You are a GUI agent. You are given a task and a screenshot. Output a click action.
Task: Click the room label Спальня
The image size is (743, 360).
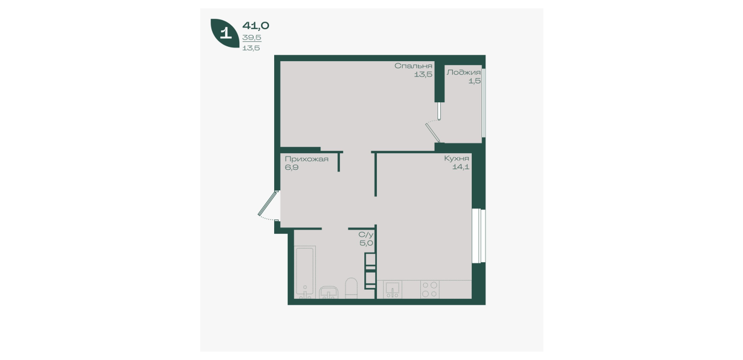point(413,66)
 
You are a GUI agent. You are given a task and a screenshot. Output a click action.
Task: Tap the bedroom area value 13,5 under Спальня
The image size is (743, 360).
point(423,74)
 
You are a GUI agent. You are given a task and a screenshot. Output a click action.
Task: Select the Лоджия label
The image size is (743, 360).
point(463,73)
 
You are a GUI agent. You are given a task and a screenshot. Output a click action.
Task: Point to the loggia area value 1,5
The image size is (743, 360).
point(475,81)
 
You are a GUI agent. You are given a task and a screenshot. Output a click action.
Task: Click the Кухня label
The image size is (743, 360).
point(457,158)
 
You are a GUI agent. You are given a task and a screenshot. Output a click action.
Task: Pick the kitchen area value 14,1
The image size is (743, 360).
point(461,167)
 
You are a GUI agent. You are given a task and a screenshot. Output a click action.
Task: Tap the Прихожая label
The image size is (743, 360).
point(307,159)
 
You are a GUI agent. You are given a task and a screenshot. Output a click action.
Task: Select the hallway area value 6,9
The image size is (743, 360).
point(292,167)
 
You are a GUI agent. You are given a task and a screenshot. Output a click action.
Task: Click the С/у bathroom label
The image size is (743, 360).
point(366,235)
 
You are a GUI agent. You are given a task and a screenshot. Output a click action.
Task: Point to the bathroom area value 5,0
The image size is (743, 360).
point(367,243)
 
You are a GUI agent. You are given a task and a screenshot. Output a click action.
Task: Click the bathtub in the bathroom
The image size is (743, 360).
point(305,272)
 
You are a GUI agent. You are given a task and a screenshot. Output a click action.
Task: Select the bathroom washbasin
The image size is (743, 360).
point(329,293)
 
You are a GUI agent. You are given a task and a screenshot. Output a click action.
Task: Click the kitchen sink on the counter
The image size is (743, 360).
point(393,289)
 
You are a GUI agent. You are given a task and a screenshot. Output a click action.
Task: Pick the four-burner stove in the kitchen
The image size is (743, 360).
point(430,289)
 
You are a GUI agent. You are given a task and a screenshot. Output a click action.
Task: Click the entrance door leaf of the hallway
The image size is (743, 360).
point(267,203)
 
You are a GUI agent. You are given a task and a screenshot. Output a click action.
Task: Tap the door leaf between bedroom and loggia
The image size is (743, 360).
point(432,133)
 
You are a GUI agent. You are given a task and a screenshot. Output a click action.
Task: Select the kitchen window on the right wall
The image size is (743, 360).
point(479,236)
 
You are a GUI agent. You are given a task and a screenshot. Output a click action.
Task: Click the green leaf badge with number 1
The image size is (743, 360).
point(225,33)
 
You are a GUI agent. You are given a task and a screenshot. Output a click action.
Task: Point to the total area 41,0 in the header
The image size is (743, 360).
point(256,26)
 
